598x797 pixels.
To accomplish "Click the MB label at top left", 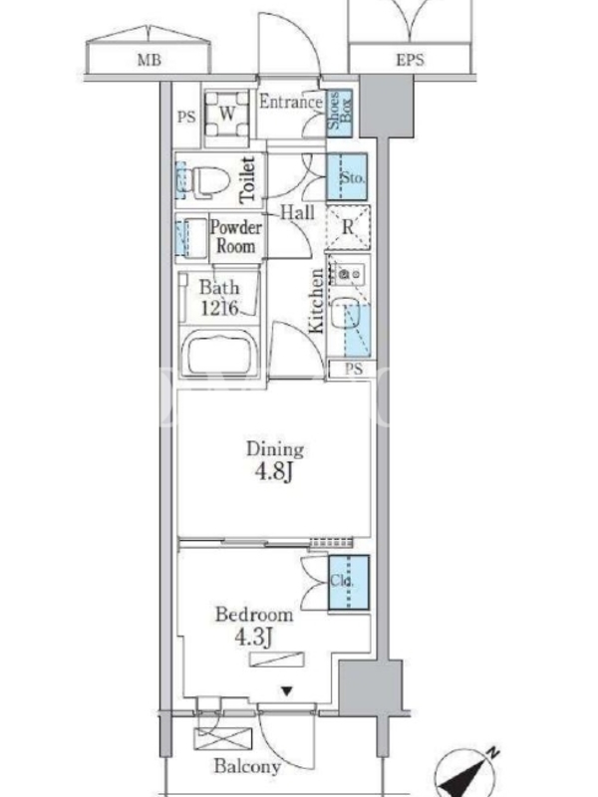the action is pos(149,60).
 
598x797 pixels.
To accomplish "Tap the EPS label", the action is pos(410,60).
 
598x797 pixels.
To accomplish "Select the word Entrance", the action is pos(291,102).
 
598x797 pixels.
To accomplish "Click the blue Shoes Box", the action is pos(340,113).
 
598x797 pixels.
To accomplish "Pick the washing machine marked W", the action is pos(227,114).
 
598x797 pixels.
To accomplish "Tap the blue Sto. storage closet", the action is pos(347,176).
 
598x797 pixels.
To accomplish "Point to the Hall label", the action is pos(297,212).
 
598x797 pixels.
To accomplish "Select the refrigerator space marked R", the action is pos(348,227).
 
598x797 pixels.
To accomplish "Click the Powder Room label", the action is pos(236,237).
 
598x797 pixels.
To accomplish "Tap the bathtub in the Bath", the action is pos(219,353).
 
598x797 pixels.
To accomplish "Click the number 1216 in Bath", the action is pos(219,308).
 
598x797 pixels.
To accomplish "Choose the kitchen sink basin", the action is pos(346,312).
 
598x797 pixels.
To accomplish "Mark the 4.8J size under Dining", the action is pos(273,471).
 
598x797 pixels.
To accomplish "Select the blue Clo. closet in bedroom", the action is pos(348,583).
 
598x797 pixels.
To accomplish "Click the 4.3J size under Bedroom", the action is pos(254,637).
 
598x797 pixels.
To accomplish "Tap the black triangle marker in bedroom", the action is pos(287,690).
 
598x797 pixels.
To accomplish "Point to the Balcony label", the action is pos(247,766).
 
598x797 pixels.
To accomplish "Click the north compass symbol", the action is pos(466,773).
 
